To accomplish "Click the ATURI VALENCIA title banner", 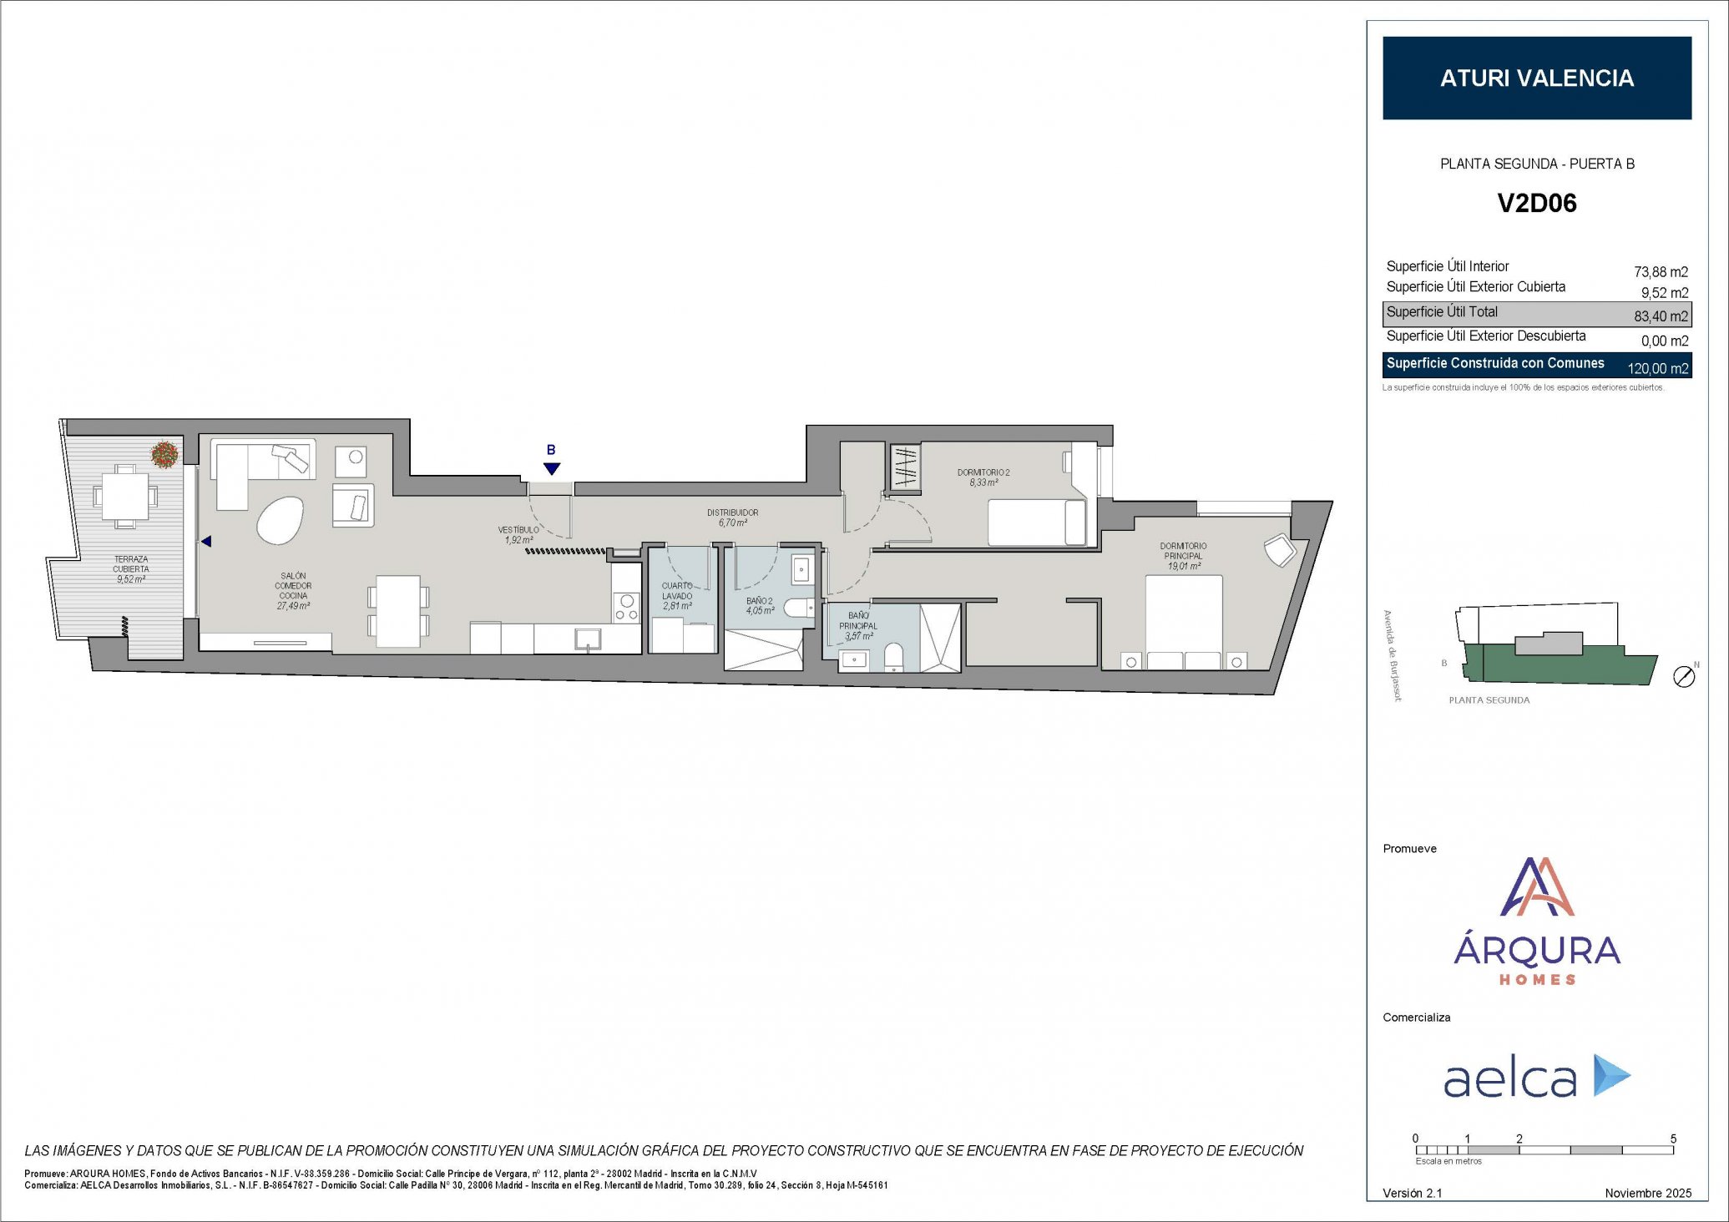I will [1536, 78].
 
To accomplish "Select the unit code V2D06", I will [1536, 203].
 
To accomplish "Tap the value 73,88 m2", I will [1660, 272].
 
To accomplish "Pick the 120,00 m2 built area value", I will [1657, 368].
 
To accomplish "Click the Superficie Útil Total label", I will [1442, 312].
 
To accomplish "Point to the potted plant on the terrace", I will [164, 454].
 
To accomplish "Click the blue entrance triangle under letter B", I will [551, 469].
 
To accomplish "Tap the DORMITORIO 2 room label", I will [983, 477].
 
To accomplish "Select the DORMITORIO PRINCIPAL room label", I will [1183, 555].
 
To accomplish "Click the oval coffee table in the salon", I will [280, 520].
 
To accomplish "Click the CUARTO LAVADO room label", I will [677, 596].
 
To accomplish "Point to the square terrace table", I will [125, 497].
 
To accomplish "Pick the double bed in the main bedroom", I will [1183, 622].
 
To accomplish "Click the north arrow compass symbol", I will [1685, 676].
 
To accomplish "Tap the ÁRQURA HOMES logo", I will [1536, 922].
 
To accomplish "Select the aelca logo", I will [1536, 1077].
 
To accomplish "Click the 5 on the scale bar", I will [1673, 1139].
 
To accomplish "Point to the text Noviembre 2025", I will [1647, 1193].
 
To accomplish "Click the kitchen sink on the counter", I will [588, 639].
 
